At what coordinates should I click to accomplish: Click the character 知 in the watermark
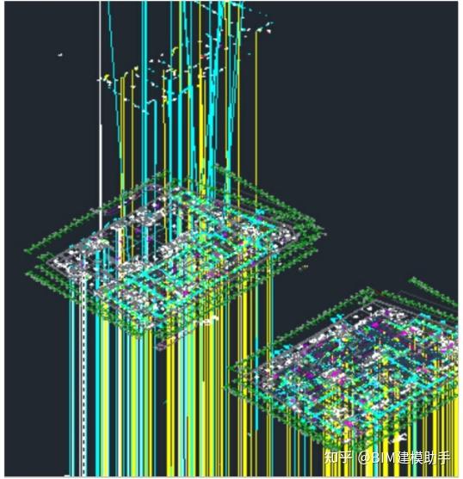pyautogui.click(x=331, y=458)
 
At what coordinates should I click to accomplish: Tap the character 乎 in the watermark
pyautogui.click(x=345, y=458)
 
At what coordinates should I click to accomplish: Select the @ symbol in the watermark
pyautogui.click(x=364, y=458)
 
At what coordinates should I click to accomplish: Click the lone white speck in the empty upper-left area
pyautogui.click(x=60, y=55)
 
